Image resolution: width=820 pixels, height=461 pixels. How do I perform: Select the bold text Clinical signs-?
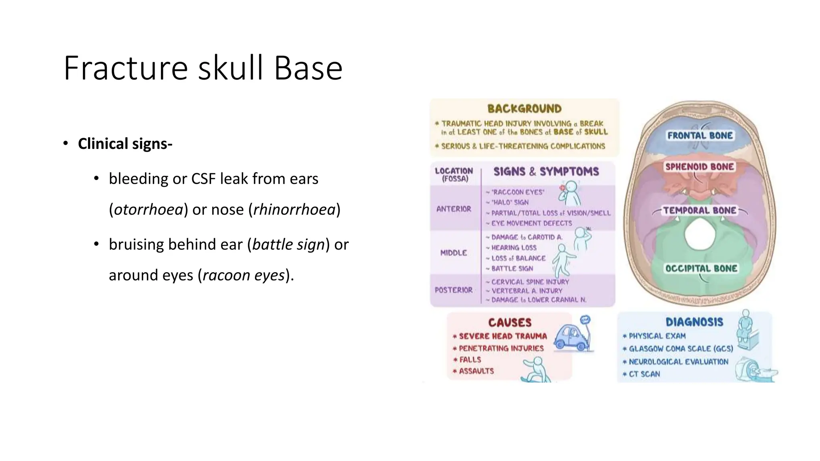[125, 144]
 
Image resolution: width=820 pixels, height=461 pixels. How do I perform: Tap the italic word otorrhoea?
[149, 209]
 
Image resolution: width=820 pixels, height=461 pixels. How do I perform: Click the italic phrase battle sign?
[288, 244]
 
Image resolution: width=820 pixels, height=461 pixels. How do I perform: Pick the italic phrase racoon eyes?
[243, 275]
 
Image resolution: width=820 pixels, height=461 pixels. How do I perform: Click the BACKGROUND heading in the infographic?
[524, 109]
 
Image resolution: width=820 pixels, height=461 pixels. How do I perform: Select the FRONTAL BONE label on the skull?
[700, 136]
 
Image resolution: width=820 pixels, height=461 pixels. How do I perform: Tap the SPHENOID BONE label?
[699, 166]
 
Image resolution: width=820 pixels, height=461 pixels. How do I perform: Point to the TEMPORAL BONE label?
[699, 210]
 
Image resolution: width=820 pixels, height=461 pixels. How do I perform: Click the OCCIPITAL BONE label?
[701, 269]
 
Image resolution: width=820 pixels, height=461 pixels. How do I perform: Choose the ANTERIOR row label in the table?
[454, 209]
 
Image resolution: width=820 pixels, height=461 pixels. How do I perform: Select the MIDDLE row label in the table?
[454, 253]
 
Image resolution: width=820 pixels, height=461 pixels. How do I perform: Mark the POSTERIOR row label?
[454, 290]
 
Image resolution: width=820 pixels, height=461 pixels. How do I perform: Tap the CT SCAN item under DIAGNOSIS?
[644, 374]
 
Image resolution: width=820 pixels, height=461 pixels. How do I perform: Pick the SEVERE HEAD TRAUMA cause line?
[502, 336]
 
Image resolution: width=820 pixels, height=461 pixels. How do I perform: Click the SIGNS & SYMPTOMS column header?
[546, 172]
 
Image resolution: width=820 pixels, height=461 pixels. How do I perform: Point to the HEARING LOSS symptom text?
[514, 248]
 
